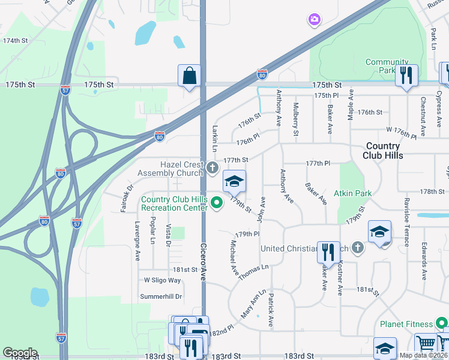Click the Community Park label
[x=387, y=66]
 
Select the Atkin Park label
[x=354, y=193]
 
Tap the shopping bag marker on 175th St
[x=189, y=76]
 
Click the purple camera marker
[x=314, y=20]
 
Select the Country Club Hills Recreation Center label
[x=173, y=203]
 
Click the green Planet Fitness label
[x=406, y=324]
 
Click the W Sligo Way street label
[x=162, y=280]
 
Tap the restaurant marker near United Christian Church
[x=328, y=251]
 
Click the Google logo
[x=20, y=353]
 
